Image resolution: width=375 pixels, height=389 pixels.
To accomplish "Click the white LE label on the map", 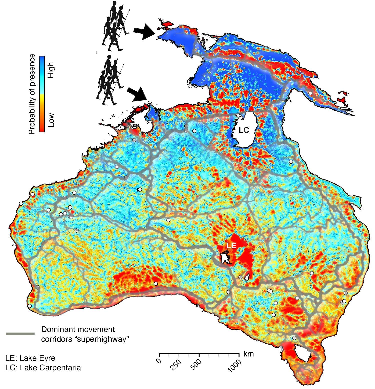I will coord(231,245).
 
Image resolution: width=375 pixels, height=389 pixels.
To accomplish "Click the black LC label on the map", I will coord(244,130).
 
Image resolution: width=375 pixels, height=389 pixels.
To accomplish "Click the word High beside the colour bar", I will coord(51,70).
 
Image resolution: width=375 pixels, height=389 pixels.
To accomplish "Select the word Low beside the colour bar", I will coord(51,120).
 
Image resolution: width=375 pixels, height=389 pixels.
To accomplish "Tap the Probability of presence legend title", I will coord(32,94).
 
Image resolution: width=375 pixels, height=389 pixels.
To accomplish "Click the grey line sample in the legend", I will coord(20,334).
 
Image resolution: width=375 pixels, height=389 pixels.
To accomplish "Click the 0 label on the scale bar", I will coord(159,361).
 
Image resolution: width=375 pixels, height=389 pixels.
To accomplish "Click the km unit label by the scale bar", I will coord(248,354).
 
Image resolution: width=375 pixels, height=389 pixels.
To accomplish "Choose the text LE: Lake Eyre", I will coord(30,358).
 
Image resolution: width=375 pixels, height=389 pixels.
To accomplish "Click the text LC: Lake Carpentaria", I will coord(43,368).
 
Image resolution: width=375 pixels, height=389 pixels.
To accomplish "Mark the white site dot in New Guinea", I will coord(310,93).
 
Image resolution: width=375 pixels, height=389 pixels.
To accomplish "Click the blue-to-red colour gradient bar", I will coord(42,94).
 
